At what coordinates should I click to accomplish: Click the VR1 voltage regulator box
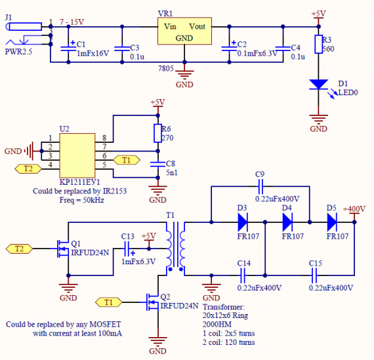click(184, 31)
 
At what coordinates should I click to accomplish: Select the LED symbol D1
click(319, 85)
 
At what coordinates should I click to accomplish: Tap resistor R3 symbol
click(319, 44)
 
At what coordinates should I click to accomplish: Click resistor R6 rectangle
click(157, 133)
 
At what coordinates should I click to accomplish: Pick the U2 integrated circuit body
click(77, 155)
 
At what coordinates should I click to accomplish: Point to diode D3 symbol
click(243, 222)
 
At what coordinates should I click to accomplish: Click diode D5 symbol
click(332, 222)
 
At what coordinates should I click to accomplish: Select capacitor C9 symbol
click(260, 186)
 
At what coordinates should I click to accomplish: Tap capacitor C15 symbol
click(314, 275)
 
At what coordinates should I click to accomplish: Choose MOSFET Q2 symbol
click(152, 302)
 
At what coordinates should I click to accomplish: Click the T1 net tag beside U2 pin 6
click(127, 160)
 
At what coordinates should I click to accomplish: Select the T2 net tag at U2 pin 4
click(28, 169)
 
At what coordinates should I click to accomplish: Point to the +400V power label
click(354, 209)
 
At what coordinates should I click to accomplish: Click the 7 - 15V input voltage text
click(72, 22)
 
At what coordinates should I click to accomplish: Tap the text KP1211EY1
click(79, 182)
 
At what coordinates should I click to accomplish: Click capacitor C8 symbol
click(157, 165)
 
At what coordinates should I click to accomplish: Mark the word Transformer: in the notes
click(224, 307)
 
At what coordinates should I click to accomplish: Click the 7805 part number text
click(166, 69)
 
